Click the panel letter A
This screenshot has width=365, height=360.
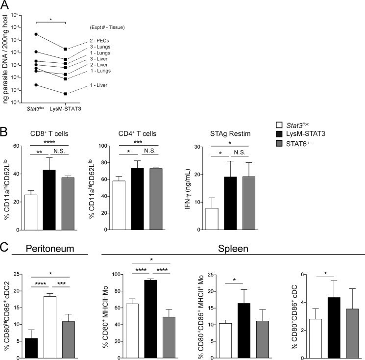pyautogui.click(x=7, y=5)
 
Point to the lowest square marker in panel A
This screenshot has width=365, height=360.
pyautogui.click(x=65, y=94)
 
